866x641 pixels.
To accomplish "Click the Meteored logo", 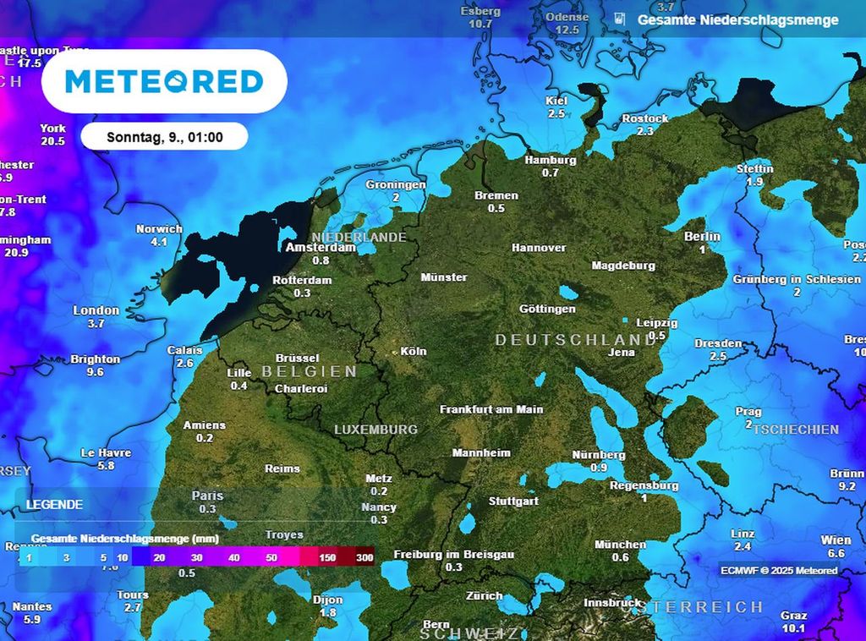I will [164, 81].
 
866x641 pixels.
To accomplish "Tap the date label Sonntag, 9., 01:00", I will [165, 136].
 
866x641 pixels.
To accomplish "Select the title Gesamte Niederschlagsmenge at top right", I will [737, 19].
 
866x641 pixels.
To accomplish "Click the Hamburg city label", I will [551, 160].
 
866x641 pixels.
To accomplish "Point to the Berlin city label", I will [702, 237].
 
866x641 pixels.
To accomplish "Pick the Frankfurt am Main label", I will [491, 409].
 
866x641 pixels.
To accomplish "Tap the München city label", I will [620, 545].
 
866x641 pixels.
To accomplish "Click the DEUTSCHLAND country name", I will [575, 339].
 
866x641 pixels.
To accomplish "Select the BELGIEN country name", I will [309, 371].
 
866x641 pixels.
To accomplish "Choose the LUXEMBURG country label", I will [375, 430].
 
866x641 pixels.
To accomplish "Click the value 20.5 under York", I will [52, 141].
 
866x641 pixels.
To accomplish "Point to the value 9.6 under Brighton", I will [95, 372].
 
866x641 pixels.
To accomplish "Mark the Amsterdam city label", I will [321, 248].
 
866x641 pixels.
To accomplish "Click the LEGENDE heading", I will [54, 505].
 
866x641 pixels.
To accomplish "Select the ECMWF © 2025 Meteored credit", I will [779, 571].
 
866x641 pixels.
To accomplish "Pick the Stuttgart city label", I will [513, 501].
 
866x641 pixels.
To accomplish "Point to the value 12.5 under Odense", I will [567, 30].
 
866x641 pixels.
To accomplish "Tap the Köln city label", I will [414, 351].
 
